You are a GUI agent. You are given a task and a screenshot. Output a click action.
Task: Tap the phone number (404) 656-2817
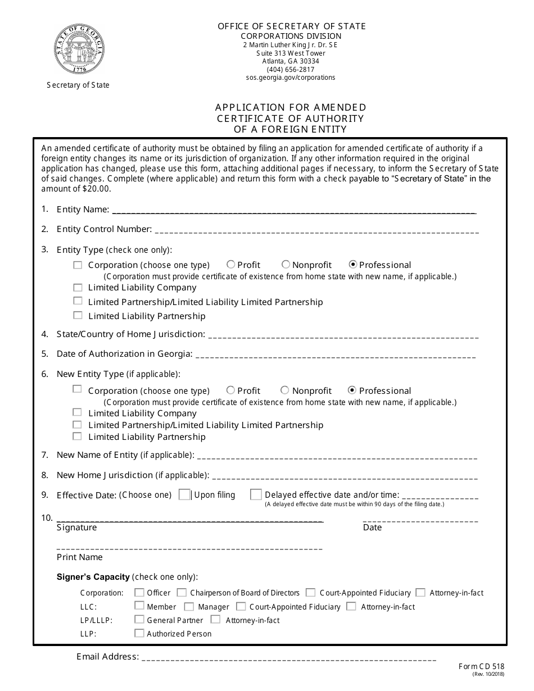[291, 70]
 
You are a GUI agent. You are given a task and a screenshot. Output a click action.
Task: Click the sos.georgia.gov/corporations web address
[291, 78]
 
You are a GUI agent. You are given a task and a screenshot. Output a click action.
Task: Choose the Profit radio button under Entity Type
[231, 265]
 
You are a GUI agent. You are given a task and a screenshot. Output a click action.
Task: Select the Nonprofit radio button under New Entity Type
[285, 390]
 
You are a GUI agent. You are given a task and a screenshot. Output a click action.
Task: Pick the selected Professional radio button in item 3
[353, 265]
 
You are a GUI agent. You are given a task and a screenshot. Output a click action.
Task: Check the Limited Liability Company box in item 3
[78, 287]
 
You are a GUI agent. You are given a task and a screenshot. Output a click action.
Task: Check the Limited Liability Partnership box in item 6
[78, 437]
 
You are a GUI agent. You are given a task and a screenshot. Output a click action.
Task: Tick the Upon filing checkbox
[184, 494]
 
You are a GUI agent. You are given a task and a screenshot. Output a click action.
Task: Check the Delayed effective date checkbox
[256, 494]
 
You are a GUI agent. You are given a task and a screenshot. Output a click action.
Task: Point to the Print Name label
[80, 557]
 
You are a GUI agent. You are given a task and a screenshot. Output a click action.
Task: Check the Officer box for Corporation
[139, 592]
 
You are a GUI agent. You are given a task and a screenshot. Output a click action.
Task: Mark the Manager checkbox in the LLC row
[189, 607]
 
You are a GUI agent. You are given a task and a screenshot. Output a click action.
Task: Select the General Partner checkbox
[139, 620]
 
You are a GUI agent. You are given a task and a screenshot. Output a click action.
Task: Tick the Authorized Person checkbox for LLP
[139, 633]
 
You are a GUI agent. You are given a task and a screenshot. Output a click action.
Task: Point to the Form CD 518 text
[481, 667]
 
